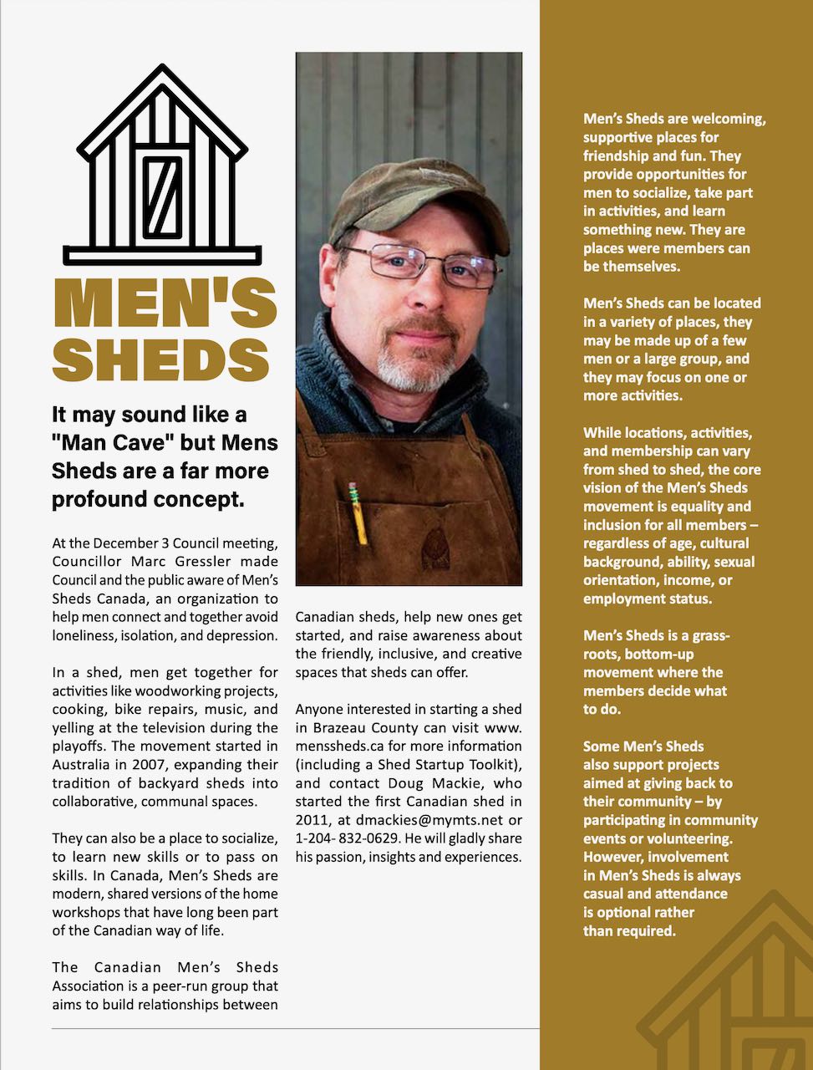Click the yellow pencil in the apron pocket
(358, 511)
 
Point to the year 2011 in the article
(313, 820)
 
